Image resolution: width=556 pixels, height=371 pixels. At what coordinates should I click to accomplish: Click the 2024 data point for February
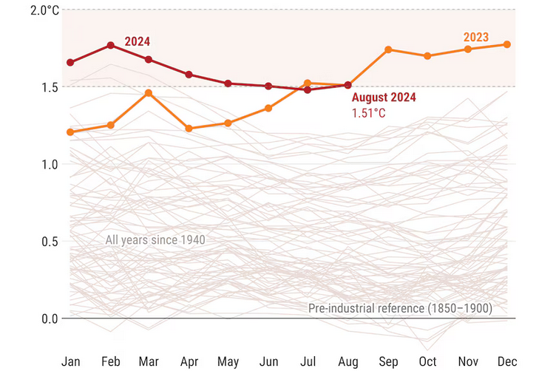tap(111, 45)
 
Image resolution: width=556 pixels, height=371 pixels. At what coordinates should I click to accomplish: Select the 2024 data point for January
tap(71, 63)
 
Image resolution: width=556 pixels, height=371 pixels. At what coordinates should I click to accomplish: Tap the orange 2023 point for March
tap(149, 93)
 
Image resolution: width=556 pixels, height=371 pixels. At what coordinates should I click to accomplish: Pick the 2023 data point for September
tap(388, 50)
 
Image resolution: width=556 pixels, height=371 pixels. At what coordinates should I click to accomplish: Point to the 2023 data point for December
tap(507, 44)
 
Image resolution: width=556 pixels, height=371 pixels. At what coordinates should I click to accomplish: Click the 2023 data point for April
tap(189, 129)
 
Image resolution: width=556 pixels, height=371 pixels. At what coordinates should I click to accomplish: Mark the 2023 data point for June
tap(268, 108)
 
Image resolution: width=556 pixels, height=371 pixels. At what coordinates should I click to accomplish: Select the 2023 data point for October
tap(427, 56)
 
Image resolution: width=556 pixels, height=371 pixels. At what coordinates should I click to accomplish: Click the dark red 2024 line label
tap(138, 41)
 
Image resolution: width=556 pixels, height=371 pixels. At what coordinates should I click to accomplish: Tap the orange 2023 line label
tap(476, 37)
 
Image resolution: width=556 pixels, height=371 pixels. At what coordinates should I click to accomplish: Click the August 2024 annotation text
tap(384, 98)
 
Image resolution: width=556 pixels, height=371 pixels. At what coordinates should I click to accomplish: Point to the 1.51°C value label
tap(368, 113)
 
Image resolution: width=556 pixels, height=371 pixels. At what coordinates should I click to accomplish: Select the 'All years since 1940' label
tap(155, 239)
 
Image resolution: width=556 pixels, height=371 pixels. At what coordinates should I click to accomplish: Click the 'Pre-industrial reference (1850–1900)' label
tap(400, 307)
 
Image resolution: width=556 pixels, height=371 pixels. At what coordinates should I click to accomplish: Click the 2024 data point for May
tap(228, 84)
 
